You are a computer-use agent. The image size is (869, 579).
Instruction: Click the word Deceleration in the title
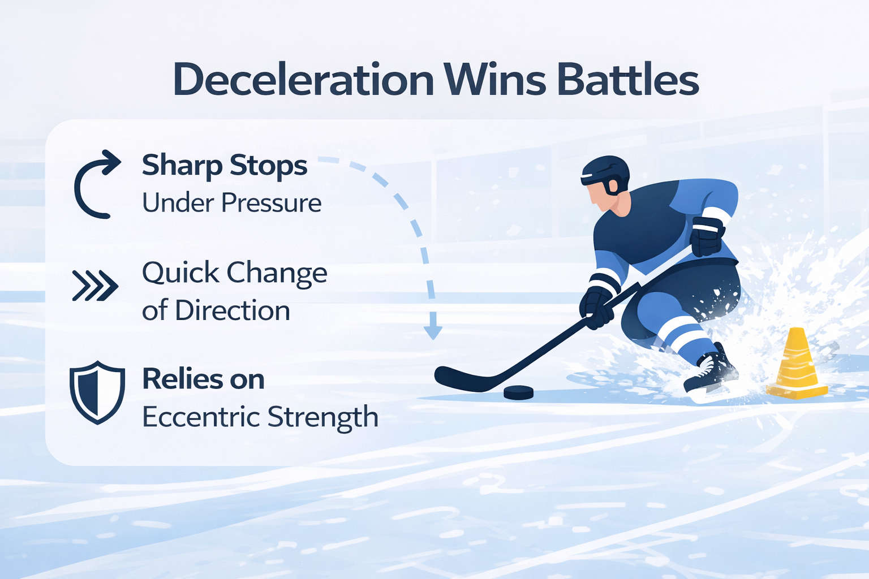click(303, 80)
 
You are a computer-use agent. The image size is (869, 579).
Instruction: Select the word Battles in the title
click(628, 80)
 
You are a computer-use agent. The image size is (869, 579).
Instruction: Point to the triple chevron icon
click(96, 286)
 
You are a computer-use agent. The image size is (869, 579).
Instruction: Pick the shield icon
click(97, 393)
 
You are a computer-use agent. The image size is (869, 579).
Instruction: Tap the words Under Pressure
click(231, 202)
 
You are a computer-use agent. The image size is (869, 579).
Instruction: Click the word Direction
click(233, 310)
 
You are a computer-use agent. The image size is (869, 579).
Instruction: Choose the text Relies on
click(203, 379)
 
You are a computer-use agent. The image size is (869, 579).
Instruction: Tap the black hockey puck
click(518, 392)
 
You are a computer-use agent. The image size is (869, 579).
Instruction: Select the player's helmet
click(605, 174)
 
